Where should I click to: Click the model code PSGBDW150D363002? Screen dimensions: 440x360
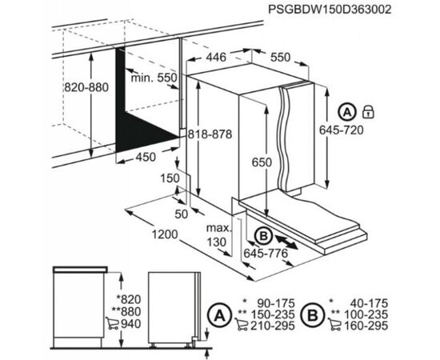(x=330, y=10)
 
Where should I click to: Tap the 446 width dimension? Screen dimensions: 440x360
(x=216, y=58)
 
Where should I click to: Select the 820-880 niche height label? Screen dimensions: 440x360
(x=86, y=87)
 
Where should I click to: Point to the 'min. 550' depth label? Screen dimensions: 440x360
(x=154, y=78)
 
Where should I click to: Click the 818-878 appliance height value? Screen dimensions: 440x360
(x=210, y=134)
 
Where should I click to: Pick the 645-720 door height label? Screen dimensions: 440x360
(x=342, y=130)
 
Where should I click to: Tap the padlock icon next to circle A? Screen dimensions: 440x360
(x=368, y=112)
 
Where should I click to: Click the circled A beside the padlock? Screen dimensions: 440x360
(x=347, y=112)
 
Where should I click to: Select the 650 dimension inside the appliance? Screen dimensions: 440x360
(x=262, y=162)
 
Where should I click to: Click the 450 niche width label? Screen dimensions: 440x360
(x=146, y=157)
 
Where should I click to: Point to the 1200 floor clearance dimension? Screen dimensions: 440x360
(x=165, y=234)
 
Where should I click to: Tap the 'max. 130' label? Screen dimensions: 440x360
(x=219, y=235)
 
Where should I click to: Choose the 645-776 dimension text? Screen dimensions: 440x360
(x=266, y=254)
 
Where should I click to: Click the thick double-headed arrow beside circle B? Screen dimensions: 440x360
(x=286, y=242)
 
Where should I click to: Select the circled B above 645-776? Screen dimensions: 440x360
(x=263, y=236)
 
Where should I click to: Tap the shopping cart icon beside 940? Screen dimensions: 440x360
(x=112, y=323)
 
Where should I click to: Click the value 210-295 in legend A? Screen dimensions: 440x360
(x=273, y=326)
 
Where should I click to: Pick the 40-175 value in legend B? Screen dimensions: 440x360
(x=369, y=303)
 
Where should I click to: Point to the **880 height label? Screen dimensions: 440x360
(x=126, y=312)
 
